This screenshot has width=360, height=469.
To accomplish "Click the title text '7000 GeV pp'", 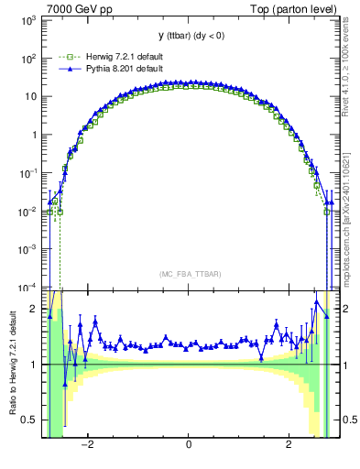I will coord(73,10).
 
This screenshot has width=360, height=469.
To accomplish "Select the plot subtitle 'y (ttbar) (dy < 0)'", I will coord(188,36).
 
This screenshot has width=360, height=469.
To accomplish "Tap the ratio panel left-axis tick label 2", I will coord(34,309).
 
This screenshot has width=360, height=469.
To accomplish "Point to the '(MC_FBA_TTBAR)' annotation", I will coord(188,274).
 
